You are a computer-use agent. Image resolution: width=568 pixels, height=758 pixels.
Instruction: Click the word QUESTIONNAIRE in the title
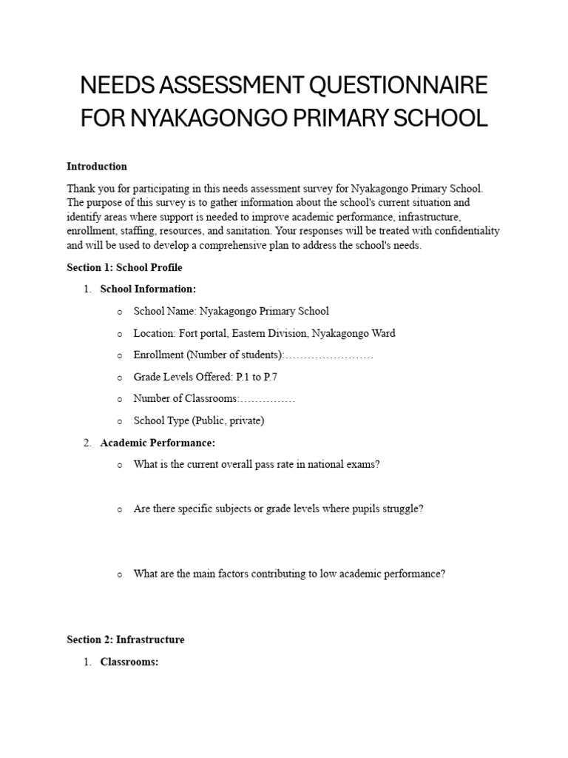[x=396, y=86]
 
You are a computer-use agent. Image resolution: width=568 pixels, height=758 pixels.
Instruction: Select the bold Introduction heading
[x=97, y=167]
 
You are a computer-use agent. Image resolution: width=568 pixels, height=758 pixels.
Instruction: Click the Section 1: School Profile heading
[x=124, y=267]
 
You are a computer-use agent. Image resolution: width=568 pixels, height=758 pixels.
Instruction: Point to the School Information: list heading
[x=148, y=289]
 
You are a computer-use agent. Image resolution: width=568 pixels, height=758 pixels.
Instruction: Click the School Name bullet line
[x=231, y=312]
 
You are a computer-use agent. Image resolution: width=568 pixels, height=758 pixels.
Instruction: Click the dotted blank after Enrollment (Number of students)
[x=329, y=355]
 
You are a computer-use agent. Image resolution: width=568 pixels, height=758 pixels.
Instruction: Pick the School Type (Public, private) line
[x=198, y=420]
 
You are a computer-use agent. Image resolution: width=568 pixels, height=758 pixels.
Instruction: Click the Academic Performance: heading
[x=158, y=443]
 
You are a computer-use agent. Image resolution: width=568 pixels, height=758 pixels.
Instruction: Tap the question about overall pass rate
[x=256, y=465]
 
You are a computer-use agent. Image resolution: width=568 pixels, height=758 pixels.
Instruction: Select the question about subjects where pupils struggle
[x=278, y=509]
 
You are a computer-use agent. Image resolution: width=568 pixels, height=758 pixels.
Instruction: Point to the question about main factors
[x=289, y=574]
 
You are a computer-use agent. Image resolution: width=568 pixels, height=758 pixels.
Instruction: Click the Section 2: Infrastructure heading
[x=126, y=640]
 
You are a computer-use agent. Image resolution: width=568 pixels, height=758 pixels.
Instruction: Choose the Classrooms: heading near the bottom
[x=129, y=662]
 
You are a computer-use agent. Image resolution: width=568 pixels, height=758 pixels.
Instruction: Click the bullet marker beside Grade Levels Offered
[x=120, y=378]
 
